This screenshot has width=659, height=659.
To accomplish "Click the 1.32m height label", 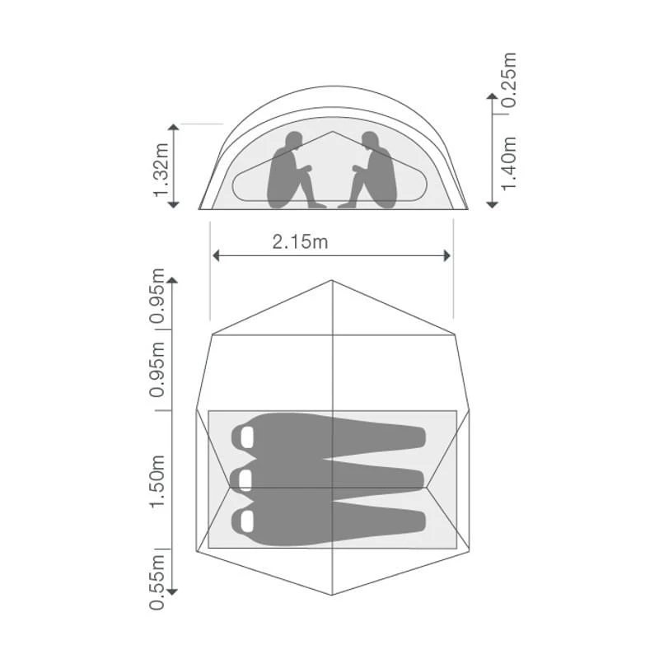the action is pyautogui.click(x=161, y=171).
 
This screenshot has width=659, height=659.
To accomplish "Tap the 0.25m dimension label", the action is pyautogui.click(x=509, y=80).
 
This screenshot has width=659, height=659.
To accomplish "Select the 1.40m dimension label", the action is pyautogui.click(x=509, y=163).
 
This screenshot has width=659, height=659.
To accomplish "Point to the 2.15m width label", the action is pyautogui.click(x=300, y=242).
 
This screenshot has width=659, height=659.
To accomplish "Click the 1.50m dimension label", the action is pyautogui.click(x=157, y=481).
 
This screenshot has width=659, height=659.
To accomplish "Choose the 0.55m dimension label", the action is pyautogui.click(x=157, y=582).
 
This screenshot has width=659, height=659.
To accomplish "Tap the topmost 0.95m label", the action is pyautogui.click(x=157, y=296).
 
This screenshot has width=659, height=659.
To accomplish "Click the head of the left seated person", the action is pyautogui.click(x=294, y=141).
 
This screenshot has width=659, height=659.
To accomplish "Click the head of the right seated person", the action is pyautogui.click(x=370, y=141).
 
